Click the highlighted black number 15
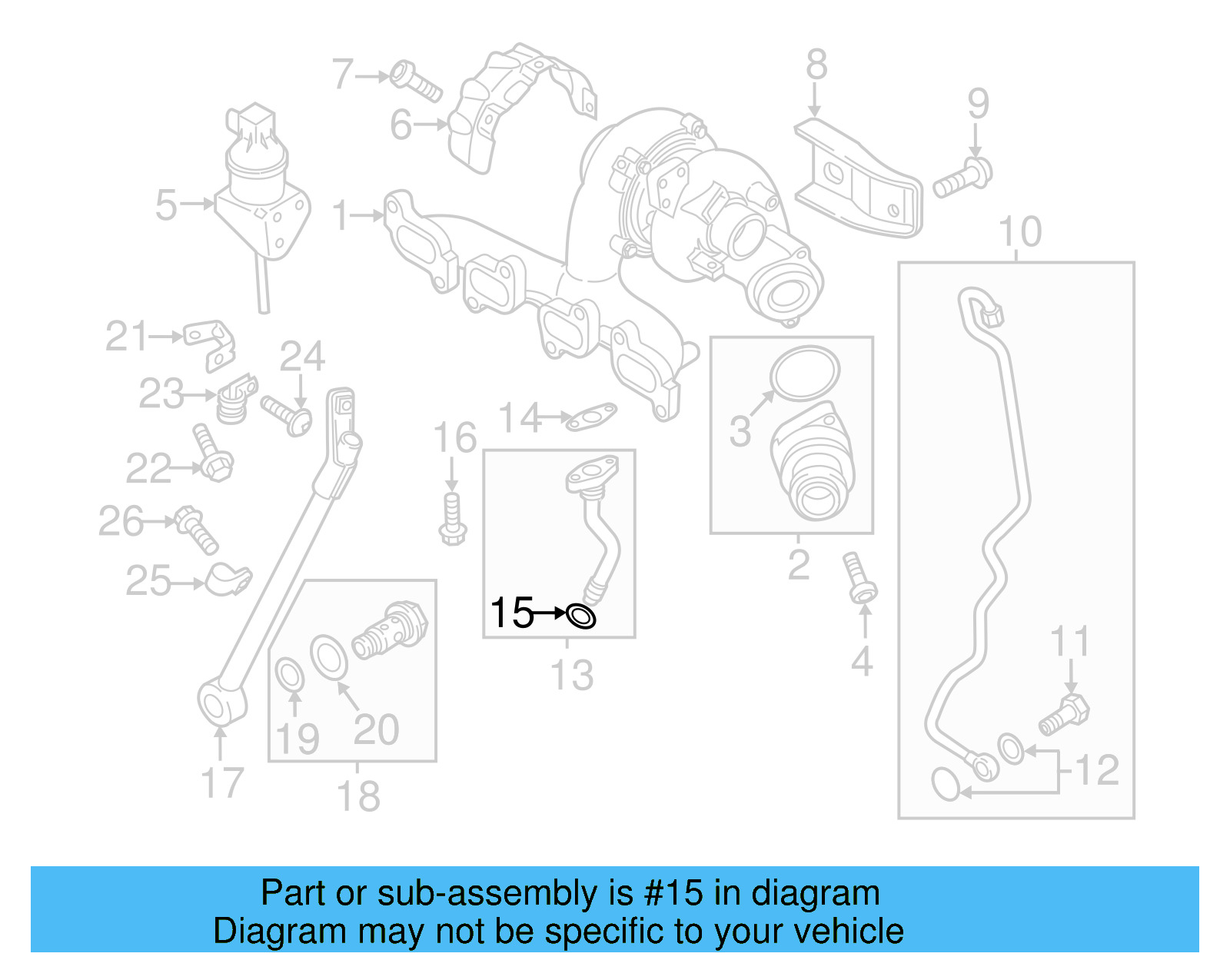click(x=511, y=613)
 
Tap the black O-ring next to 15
click(x=580, y=616)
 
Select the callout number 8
click(x=816, y=65)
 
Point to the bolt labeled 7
click(x=416, y=81)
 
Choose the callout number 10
click(x=1019, y=231)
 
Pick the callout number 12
click(x=1097, y=769)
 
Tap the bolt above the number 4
click(x=859, y=576)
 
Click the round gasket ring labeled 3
click(x=805, y=374)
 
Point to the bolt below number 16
click(x=452, y=519)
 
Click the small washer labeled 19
click(x=289, y=676)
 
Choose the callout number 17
click(x=221, y=783)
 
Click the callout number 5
click(x=166, y=205)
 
